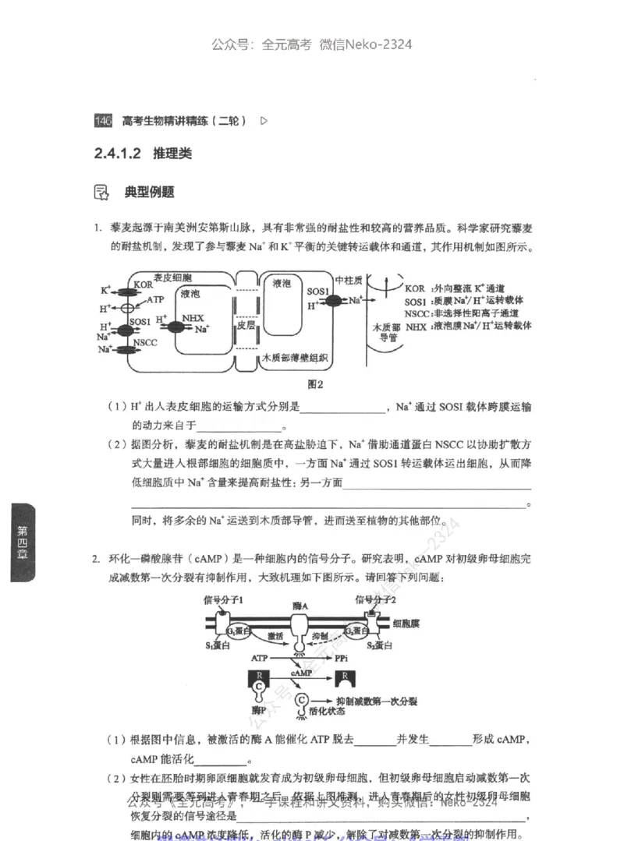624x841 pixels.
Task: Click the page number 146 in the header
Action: pos(103,121)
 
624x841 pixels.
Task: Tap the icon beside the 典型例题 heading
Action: pos(101,192)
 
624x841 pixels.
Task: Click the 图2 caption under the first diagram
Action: pos(315,383)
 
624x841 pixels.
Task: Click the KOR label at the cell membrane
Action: pos(143,285)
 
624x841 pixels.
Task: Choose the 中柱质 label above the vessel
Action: pos(348,278)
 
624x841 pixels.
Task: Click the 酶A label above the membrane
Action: pos(300,605)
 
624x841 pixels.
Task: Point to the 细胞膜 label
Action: pos(406,624)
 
